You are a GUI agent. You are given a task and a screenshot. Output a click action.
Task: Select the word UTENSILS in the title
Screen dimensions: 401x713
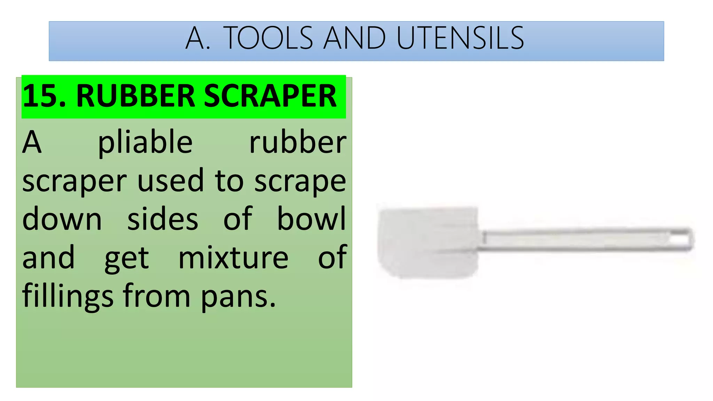460,38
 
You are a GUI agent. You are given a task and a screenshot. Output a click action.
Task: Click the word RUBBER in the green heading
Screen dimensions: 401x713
135,96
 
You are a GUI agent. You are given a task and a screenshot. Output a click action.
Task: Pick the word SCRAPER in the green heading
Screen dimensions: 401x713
270,96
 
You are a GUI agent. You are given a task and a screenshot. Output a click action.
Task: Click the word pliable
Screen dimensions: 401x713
145,143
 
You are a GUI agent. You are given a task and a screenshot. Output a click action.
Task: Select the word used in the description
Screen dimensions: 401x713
171,181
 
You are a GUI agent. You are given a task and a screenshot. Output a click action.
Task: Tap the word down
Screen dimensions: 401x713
62,219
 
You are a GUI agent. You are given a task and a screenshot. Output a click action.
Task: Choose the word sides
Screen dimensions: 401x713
163,219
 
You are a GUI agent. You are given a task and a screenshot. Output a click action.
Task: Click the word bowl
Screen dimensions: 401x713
311,219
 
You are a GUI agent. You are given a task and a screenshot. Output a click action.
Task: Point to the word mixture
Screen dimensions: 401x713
233,258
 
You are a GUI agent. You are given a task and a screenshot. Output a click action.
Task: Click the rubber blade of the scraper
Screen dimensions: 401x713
428,242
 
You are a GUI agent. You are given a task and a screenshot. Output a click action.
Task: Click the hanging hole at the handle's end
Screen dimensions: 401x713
682,240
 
